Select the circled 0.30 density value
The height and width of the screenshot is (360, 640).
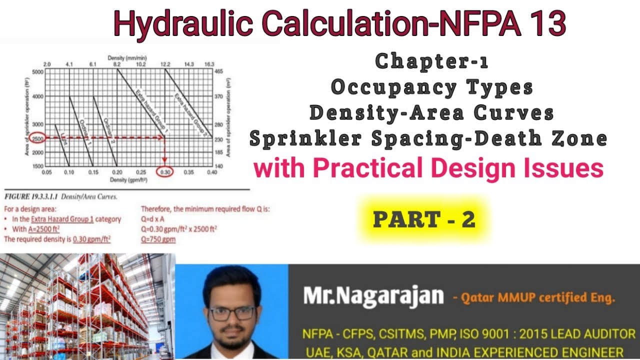pos(165,172)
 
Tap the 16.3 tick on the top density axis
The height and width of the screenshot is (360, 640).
pos(209,64)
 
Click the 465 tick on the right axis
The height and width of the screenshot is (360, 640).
pos(218,72)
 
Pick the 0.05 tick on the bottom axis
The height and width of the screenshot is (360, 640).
pos(46,172)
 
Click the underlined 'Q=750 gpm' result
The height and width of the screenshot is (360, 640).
pos(158,239)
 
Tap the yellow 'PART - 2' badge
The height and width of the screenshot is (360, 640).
pos(424,219)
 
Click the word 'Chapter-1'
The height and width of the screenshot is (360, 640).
pos(431,61)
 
